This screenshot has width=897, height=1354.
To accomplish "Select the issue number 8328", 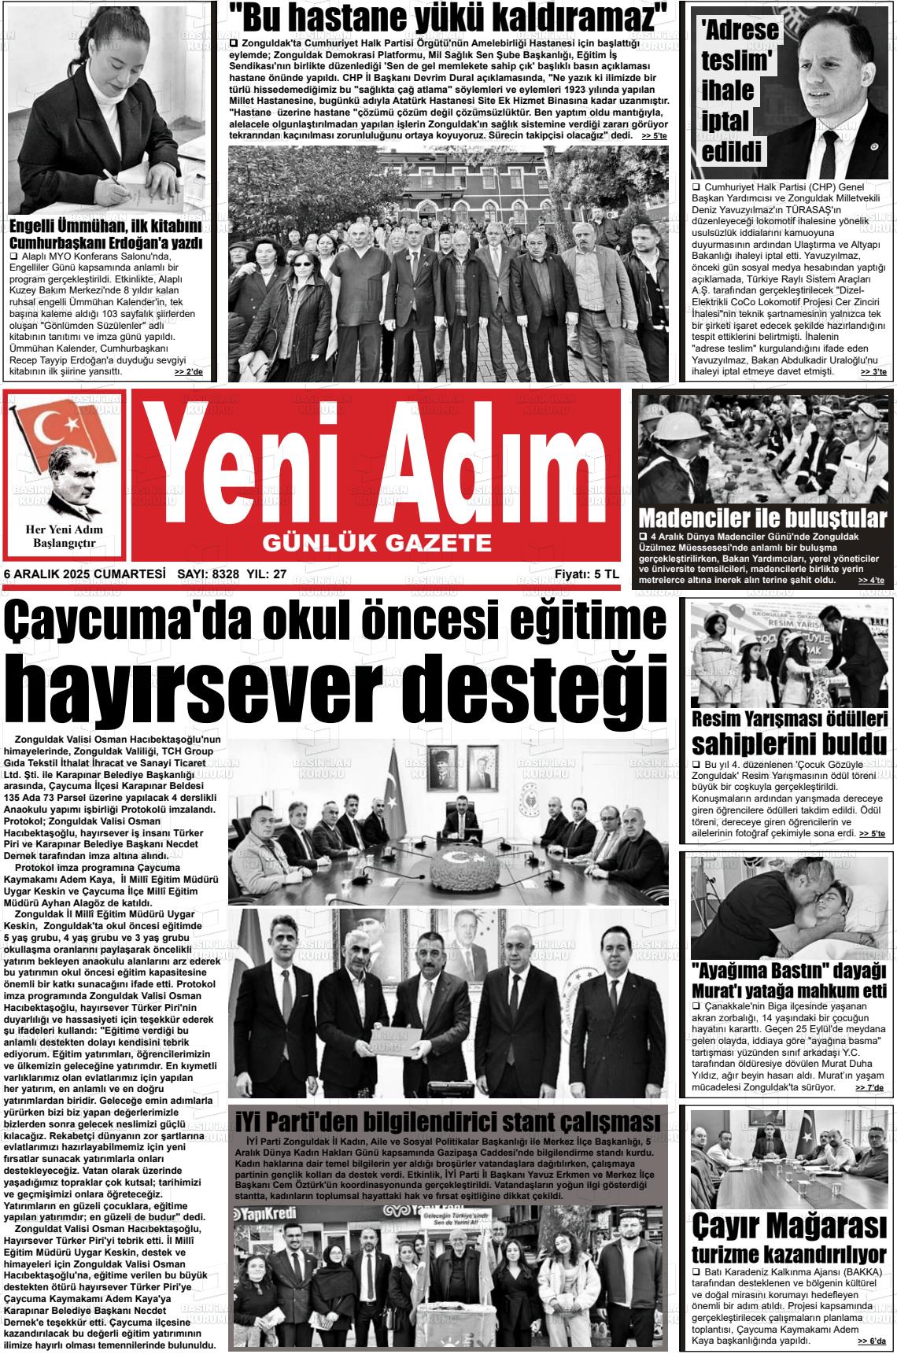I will (x=225, y=574).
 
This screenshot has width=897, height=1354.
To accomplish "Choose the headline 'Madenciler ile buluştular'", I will (x=762, y=518).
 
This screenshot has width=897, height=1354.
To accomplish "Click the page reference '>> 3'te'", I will (x=872, y=371).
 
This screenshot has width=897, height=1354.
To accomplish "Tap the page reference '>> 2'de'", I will (x=189, y=371).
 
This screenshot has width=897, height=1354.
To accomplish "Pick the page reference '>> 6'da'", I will (x=871, y=1341).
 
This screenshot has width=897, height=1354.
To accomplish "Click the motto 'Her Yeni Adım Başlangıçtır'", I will (x=65, y=536).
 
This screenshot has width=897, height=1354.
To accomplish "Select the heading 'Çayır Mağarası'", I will (x=789, y=1226).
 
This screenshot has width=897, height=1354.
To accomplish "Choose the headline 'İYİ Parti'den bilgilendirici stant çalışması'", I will (x=448, y=1121).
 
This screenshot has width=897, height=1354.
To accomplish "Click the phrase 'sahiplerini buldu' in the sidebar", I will (x=789, y=743).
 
